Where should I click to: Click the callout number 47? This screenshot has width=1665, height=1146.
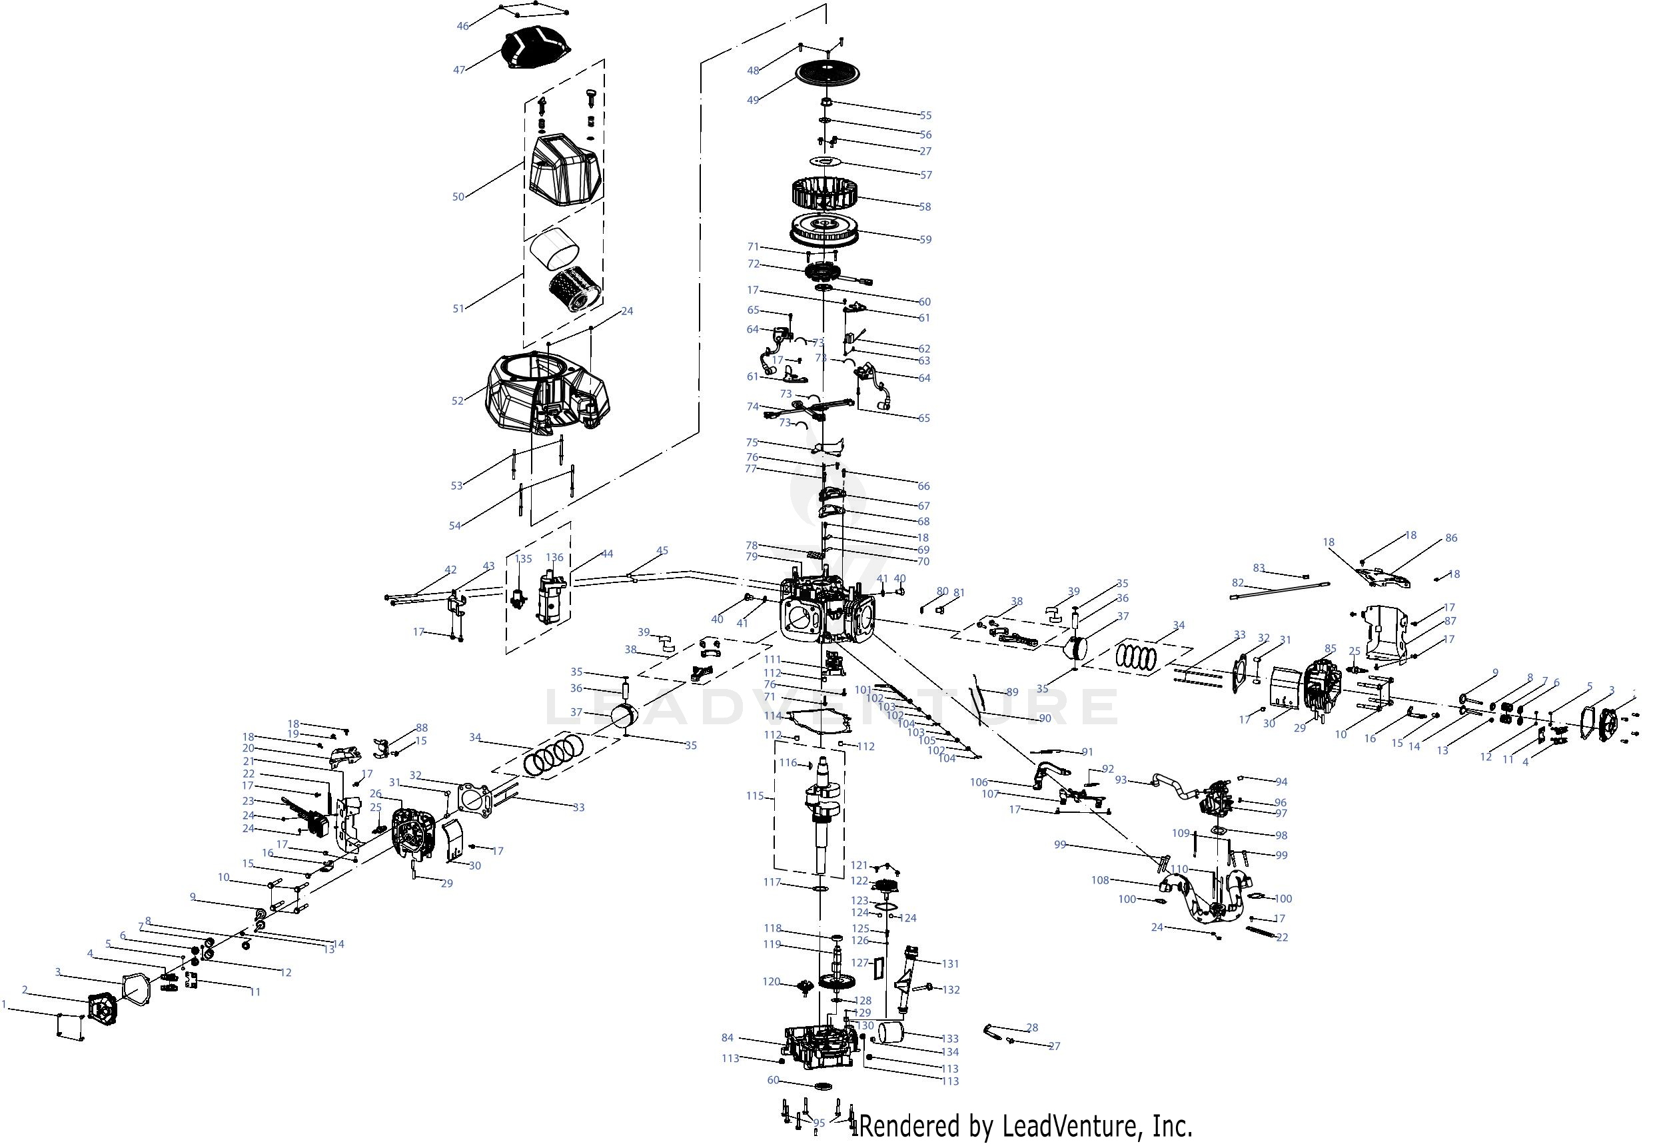pos(460,70)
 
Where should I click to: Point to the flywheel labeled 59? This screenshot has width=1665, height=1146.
pos(826,229)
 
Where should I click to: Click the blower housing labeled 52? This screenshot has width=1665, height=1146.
pos(546,391)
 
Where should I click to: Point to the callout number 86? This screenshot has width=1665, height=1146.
pos(1451,538)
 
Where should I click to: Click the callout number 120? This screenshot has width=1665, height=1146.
pos(771,981)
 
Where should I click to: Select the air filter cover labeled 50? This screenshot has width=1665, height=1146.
pos(564,170)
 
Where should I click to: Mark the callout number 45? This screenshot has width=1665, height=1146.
pos(662,551)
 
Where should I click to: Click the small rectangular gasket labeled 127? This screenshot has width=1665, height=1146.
pos(876,969)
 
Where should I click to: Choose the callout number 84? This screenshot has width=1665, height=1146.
pos(728,1037)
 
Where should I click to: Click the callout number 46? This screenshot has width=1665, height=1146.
pos(463,26)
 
